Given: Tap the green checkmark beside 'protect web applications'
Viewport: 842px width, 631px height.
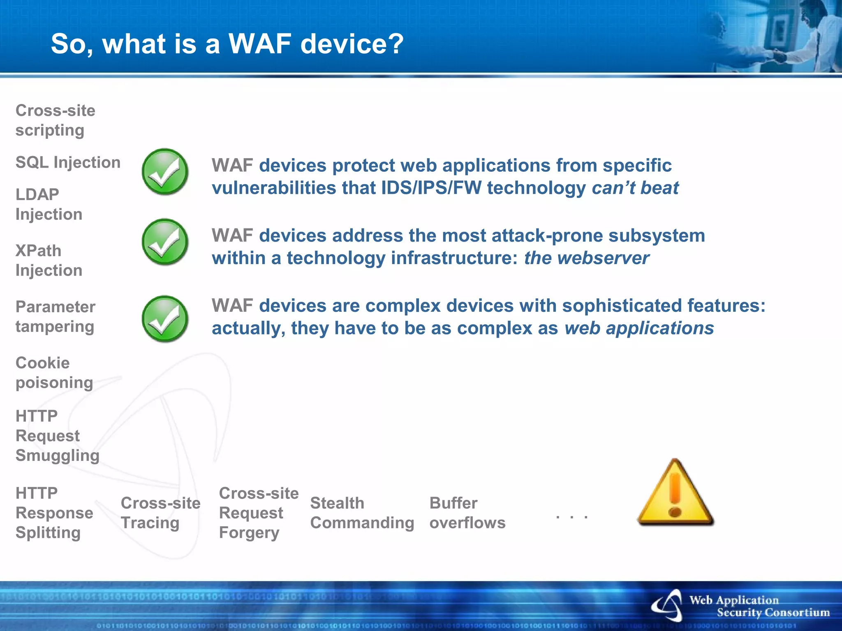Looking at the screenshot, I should click(165, 172).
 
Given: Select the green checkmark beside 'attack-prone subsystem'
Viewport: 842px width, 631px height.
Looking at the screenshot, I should click(165, 242).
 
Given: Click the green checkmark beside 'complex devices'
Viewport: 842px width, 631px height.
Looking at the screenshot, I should click(165, 319).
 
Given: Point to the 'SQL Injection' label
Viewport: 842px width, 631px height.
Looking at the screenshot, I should click(68, 163).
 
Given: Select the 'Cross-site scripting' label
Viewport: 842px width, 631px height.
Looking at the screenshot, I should click(55, 120).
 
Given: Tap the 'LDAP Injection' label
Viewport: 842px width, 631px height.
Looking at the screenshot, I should click(49, 204).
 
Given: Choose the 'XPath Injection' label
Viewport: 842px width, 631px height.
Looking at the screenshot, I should click(49, 260).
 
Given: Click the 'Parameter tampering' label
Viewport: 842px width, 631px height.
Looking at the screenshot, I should click(55, 317).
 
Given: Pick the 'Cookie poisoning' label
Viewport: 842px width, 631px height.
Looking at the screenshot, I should click(54, 373).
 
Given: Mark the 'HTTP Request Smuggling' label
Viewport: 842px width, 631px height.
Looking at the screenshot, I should click(57, 435).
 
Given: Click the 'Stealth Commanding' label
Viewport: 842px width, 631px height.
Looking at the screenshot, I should click(362, 513).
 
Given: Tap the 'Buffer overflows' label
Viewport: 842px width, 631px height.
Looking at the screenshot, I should click(467, 513).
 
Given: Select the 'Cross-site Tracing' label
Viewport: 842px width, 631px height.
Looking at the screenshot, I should click(160, 513).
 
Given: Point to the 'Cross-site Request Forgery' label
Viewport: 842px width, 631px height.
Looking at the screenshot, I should click(258, 513).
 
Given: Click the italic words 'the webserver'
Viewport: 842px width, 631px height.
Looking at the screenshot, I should click(586, 258).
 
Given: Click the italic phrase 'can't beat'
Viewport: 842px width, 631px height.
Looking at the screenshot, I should click(635, 188).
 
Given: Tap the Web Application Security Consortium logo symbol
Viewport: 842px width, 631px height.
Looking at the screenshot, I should click(668, 606).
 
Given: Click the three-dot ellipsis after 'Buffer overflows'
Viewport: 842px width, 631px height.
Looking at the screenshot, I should click(571, 517).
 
